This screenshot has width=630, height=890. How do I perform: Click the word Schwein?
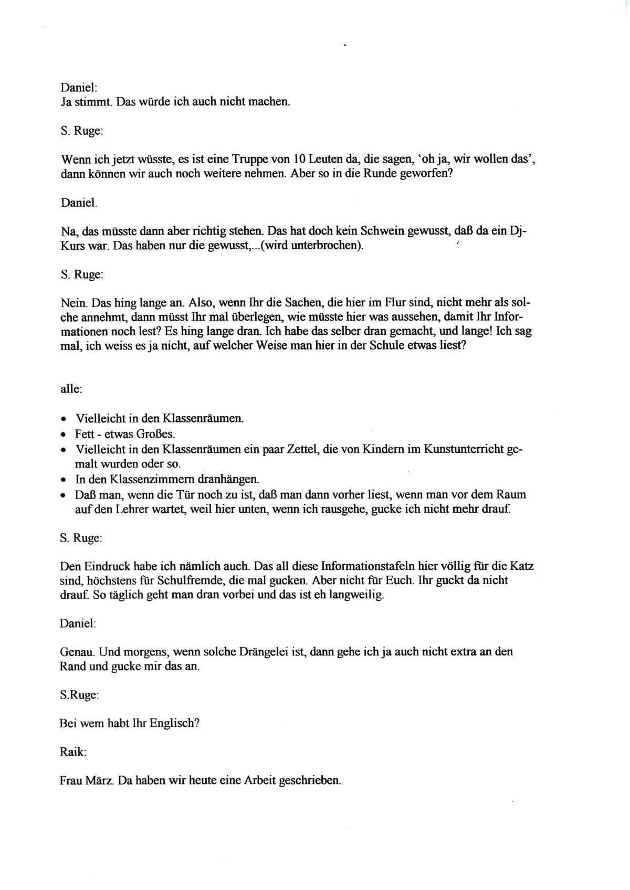(x=385, y=231)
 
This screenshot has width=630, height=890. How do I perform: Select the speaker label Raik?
(x=73, y=752)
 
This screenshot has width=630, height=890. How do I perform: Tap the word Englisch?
(x=174, y=723)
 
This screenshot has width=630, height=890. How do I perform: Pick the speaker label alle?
(x=71, y=389)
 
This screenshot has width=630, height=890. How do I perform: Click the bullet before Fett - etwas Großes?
(x=63, y=435)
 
